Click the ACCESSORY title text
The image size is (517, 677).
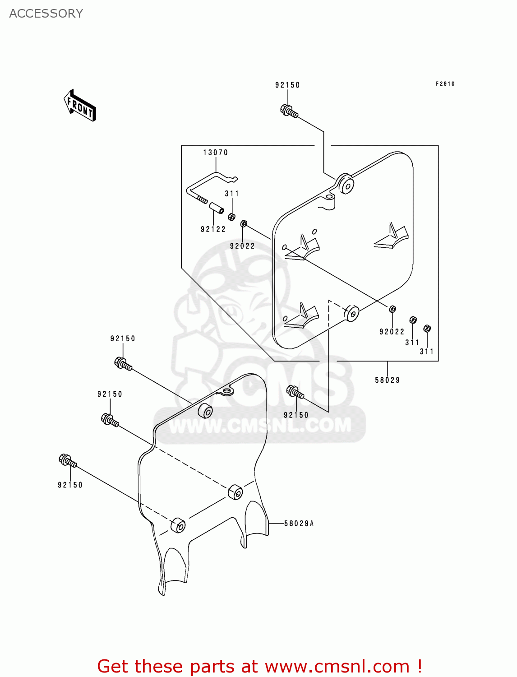pos(46,14)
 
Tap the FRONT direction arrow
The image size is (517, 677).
pos(80,106)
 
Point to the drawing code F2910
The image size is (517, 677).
pos(445,84)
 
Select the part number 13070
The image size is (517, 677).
pos(215,153)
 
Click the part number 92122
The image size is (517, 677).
pos(213,229)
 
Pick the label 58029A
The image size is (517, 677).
pos(299,524)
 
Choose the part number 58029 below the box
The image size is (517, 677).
pos(387,380)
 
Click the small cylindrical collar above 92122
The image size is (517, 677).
pos(216,209)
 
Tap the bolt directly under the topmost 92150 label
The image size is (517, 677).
pos(289,111)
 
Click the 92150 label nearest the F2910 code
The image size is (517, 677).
pos(287,85)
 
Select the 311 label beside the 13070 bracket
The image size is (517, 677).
pos(232,194)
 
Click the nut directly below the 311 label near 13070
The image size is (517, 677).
pos(231,217)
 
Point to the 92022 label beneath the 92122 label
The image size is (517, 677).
pos(242,246)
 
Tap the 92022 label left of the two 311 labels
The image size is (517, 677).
pos(392,332)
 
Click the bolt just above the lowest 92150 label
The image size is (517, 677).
pos(67,461)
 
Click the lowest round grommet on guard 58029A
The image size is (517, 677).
pos(178,525)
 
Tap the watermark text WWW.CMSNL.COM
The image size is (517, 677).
pos(260,425)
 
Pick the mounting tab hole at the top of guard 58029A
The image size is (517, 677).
pos(227,390)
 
